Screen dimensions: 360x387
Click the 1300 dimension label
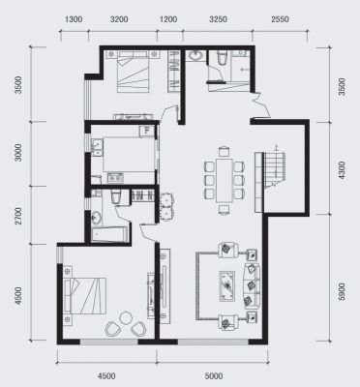click(x=74, y=19)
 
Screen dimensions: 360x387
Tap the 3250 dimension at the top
click(x=218, y=19)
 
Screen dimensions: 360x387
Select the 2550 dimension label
click(x=280, y=19)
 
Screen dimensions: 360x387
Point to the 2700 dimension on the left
click(x=19, y=216)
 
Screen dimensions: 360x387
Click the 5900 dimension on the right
click(x=342, y=292)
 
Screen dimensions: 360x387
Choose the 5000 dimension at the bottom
click(x=214, y=376)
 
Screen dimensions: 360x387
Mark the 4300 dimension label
click(x=342, y=171)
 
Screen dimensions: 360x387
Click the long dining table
click(x=225, y=180)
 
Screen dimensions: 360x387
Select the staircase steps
click(x=275, y=167)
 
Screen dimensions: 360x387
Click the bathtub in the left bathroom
click(x=108, y=234)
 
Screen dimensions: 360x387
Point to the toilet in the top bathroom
click(x=223, y=57)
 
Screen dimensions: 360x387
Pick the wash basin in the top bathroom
click(x=195, y=55)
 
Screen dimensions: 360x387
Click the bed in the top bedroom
click(x=134, y=72)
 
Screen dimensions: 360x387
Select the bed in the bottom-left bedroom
click(x=85, y=295)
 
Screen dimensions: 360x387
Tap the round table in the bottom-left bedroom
click(x=126, y=318)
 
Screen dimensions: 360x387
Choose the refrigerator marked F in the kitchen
click(x=147, y=131)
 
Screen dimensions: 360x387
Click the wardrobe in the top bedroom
click(x=174, y=71)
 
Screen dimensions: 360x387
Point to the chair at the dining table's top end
click(x=224, y=152)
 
